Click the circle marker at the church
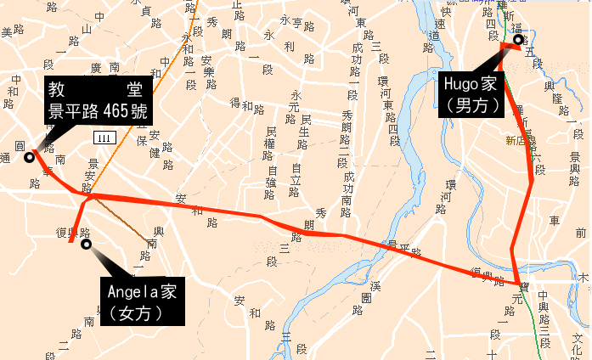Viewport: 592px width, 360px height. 30,157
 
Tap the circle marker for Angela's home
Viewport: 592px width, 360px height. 86,245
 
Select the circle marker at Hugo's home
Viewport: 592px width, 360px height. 517,39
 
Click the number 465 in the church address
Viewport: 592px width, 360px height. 115,110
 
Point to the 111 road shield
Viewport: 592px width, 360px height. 104,138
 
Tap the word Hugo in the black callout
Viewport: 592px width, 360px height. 460,86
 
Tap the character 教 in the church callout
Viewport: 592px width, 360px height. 58,88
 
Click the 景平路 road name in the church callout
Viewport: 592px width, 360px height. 73,110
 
